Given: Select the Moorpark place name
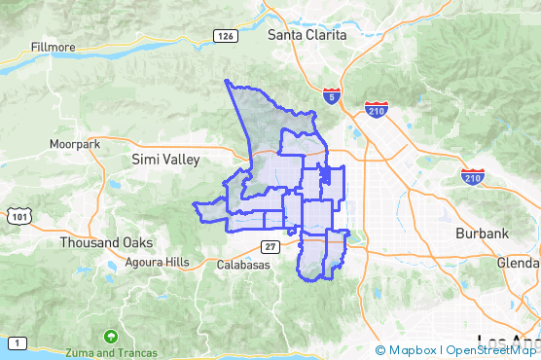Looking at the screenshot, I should [76, 144].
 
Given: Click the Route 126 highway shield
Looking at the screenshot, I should [226, 36].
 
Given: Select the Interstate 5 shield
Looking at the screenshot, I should [332, 95].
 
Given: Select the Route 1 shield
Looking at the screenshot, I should [18, 342].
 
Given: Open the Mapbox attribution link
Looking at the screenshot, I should [407, 350].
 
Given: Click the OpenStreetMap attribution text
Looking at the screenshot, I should [491, 350].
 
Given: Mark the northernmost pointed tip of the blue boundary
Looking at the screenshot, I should [226, 81].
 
